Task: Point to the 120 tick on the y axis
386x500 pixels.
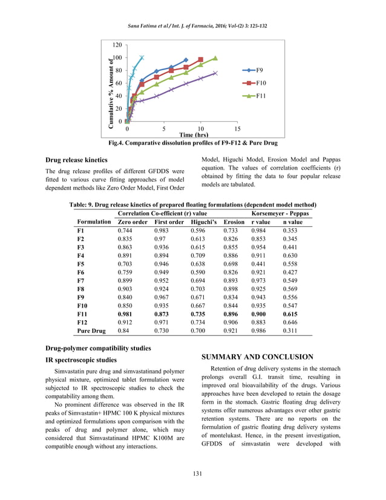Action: (x=116, y=45)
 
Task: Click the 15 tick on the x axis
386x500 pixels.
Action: (x=237, y=129)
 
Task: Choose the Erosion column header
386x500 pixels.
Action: (x=234, y=222)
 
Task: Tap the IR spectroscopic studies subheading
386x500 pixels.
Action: (x=81, y=360)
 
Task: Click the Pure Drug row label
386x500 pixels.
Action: (x=91, y=331)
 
